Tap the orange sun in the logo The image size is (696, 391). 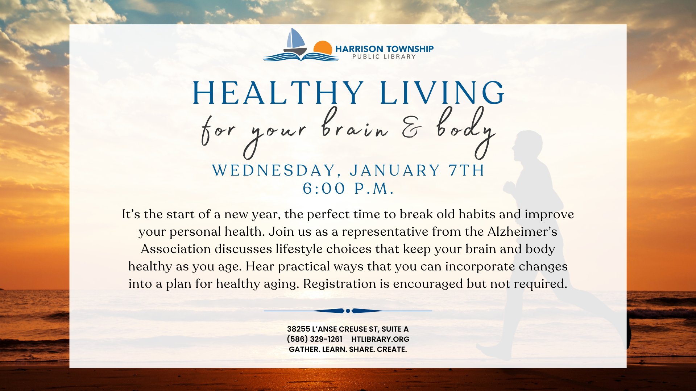[x=323, y=48]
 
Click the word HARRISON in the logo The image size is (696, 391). [x=359, y=49]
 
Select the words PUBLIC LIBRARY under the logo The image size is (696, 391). [x=384, y=57]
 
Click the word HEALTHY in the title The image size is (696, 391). [x=278, y=93]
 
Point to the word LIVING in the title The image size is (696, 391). [x=442, y=93]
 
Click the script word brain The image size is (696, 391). [x=355, y=125]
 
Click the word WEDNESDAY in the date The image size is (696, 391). [x=274, y=171]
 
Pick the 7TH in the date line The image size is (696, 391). [x=467, y=170]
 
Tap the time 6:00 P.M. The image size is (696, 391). [x=348, y=188]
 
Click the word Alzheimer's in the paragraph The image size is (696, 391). [x=522, y=231]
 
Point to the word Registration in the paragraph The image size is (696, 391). [x=340, y=283]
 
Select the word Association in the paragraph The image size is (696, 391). [x=176, y=249]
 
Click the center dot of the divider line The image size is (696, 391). [x=348, y=311]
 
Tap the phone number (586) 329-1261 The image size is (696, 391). [x=315, y=339]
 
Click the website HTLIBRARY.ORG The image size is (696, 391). [x=380, y=339]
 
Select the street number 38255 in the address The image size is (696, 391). [x=299, y=329]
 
